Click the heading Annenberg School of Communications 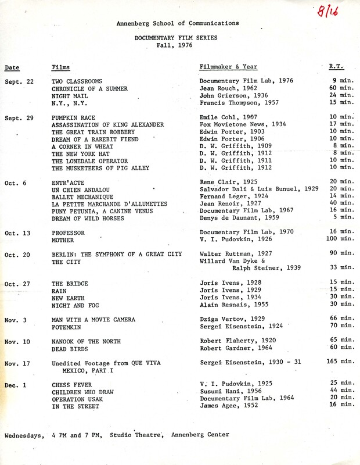point(178,23)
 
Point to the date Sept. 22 point(19,81)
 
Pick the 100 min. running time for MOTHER point(339,239)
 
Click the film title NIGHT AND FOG point(76,304)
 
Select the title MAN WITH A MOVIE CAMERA point(93,320)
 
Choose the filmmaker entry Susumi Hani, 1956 point(229,392)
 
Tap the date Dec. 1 point(17,385)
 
